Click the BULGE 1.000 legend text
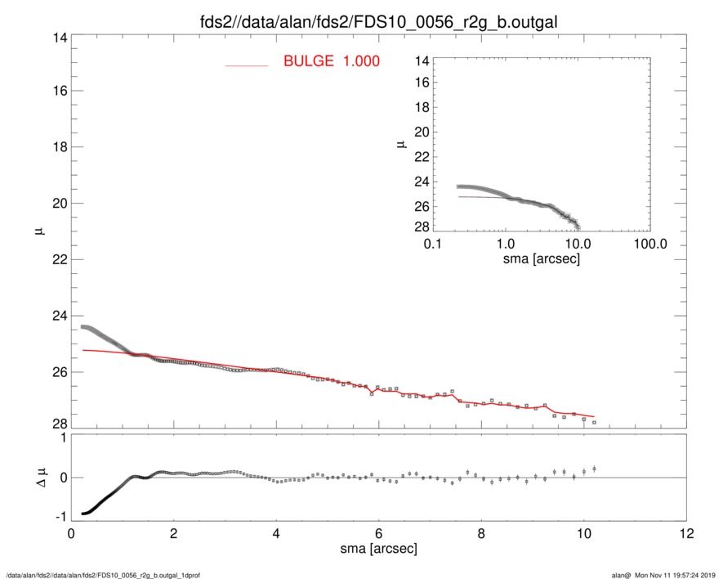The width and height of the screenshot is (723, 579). click(x=331, y=61)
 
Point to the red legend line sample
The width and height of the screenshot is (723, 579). click(x=246, y=65)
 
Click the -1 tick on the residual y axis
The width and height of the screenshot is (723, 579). click(x=60, y=517)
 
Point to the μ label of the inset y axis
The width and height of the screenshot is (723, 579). click(x=401, y=144)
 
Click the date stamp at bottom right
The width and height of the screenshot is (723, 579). click(x=675, y=575)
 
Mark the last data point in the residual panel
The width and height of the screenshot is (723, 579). click(x=594, y=469)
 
